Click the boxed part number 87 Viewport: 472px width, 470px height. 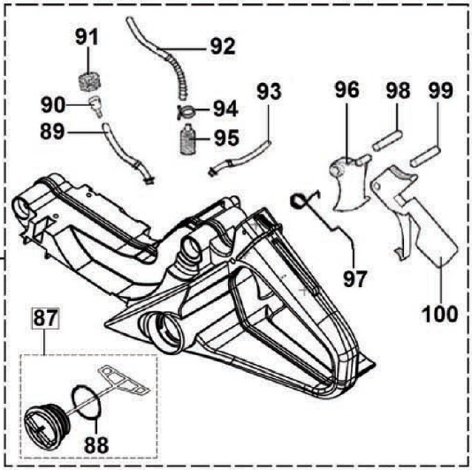(45, 318)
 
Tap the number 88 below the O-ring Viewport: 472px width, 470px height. (96, 445)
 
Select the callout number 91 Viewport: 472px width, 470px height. (87, 36)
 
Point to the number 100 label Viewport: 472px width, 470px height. (440, 315)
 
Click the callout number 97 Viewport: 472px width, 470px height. (355, 278)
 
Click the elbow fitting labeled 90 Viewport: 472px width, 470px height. (96, 106)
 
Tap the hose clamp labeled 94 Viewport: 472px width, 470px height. (187, 111)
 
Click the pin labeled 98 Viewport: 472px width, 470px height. (387, 140)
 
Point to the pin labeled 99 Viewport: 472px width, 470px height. (426, 156)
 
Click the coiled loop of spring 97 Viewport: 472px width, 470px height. (299, 201)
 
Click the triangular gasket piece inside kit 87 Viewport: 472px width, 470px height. (124, 380)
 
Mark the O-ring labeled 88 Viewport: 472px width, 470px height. (87, 402)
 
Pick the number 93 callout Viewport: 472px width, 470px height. (269, 92)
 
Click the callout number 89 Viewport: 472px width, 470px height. (52, 132)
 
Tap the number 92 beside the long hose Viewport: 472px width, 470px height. (223, 46)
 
